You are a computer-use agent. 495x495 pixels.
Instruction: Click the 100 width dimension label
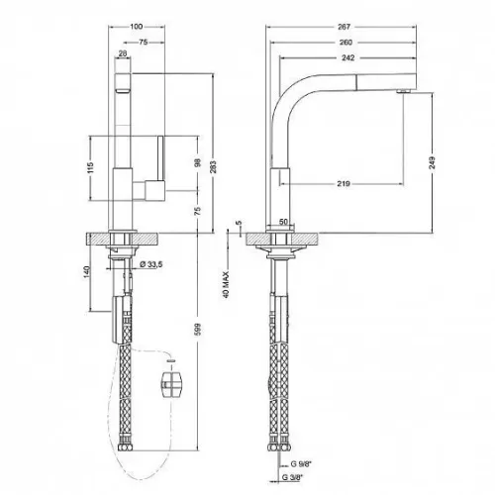137,27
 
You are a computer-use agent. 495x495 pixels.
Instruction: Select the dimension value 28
123,52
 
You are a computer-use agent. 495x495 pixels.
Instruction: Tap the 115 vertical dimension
91,167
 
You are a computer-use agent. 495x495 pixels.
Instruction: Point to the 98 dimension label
198,162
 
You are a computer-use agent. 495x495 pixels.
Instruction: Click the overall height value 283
213,166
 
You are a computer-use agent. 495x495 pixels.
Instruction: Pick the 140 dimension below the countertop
87,272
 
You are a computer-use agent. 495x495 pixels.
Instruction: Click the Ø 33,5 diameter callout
151,264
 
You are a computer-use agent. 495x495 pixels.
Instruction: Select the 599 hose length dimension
198,330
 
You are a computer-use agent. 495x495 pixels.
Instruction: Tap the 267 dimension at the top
344,27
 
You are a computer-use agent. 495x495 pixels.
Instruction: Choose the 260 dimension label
346,43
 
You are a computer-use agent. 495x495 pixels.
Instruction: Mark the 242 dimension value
348,58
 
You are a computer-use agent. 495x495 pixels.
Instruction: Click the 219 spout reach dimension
344,183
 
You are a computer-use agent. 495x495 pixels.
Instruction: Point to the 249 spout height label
432,162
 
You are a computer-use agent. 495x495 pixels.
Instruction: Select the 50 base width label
283,222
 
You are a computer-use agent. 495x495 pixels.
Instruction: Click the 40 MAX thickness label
226,285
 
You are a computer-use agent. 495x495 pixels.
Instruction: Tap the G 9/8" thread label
301,464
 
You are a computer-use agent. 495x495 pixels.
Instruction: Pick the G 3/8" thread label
292,477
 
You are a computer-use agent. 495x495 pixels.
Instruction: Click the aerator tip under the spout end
403,91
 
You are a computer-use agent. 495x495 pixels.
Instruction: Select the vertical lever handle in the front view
161,158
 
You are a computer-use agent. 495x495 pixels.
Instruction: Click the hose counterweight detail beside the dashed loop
171,385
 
